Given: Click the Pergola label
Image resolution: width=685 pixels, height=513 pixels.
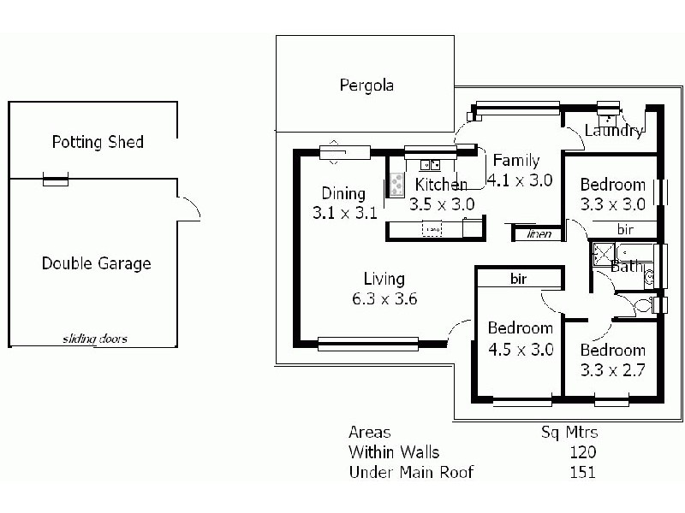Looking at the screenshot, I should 366,85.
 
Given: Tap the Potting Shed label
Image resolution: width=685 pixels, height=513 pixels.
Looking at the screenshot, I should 98,142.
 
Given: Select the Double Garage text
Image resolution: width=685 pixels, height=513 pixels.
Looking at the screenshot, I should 96,263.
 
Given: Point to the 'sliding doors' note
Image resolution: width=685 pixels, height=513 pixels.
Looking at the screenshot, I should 94,339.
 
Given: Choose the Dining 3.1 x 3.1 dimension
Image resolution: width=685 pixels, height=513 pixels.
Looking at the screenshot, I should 344,213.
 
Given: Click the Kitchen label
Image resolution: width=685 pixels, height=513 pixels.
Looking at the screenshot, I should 441,185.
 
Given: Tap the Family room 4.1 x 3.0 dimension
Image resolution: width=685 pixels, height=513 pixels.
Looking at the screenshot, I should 519,180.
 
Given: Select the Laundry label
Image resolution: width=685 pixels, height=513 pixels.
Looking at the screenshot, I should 613,131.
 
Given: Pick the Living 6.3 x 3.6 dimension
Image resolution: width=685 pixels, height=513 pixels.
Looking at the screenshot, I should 384,298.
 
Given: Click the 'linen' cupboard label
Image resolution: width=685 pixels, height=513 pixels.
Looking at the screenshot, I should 539,233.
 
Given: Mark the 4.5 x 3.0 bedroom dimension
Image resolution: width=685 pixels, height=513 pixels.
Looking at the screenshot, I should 520,349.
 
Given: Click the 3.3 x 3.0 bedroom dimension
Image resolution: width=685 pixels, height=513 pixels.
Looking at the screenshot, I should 612,204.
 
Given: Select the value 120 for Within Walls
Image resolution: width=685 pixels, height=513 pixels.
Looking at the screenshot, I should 582,452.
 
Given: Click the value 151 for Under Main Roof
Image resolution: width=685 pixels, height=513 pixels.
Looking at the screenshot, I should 582,472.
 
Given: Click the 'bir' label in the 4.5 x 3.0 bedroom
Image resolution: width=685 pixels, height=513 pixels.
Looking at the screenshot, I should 518,279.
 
